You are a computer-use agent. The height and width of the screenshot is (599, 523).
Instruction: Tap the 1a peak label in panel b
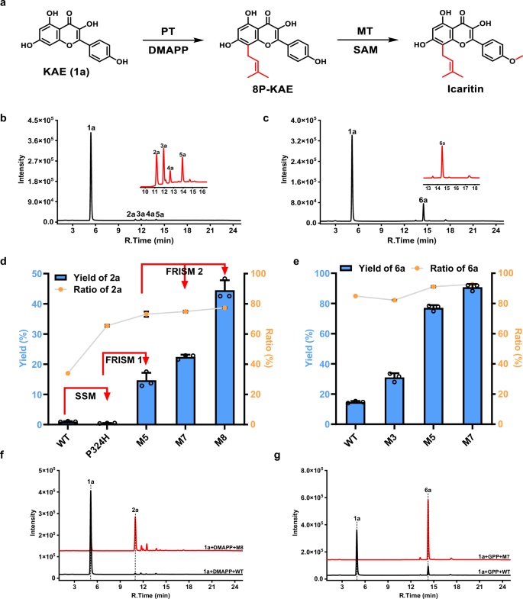pyautogui.click(x=90, y=128)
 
